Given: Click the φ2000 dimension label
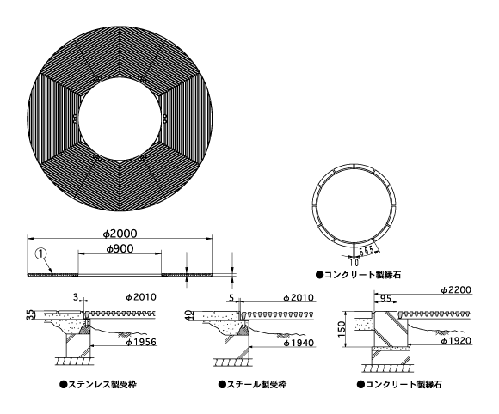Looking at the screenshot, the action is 120,234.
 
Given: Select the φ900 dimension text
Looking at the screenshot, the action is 120,249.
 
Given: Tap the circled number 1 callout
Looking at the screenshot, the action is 41,253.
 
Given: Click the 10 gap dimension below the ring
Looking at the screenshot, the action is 354,263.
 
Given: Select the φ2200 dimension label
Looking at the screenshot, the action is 456,290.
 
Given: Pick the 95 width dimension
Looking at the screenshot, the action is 385,299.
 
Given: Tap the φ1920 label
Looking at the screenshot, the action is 456,341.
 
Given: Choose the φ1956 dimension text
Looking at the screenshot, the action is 141,342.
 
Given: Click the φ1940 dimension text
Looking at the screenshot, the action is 299,343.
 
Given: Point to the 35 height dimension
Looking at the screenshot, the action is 29,314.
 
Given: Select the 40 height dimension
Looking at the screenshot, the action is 188,315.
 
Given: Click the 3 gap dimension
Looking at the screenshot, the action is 76,297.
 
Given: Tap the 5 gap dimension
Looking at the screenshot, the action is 231,298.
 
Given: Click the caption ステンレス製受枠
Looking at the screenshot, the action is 98,385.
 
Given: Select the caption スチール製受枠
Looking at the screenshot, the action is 252,385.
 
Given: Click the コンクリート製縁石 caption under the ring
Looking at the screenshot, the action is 359,275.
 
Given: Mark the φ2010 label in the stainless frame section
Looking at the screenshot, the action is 141,297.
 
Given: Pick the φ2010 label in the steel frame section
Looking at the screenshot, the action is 299,298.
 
